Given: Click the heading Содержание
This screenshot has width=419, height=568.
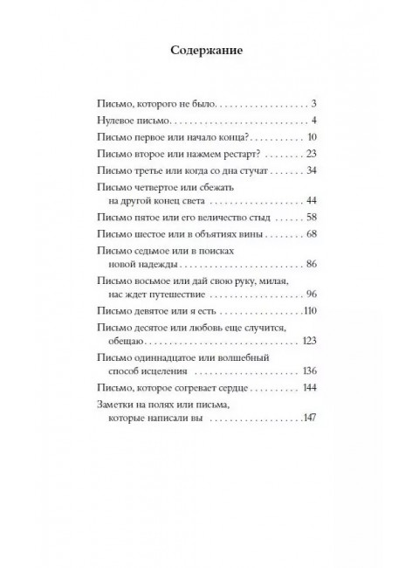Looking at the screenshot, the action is coord(209,50).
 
